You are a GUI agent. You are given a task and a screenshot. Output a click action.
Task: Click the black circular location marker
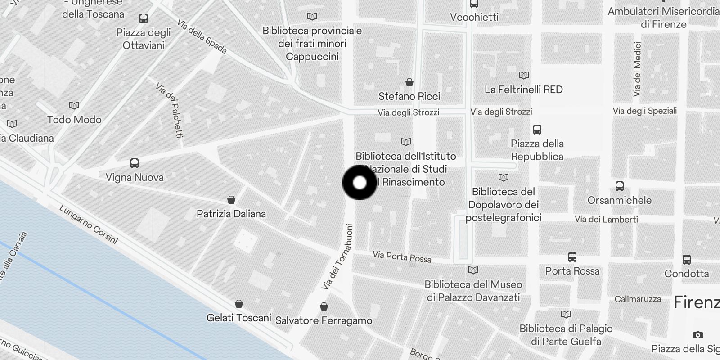click(x=360, y=183)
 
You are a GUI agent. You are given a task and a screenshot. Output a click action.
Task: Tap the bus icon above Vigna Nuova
click(x=134, y=163)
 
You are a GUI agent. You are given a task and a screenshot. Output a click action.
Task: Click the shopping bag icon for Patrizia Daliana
click(x=231, y=199)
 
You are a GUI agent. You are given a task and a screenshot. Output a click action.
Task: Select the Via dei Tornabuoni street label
click(x=337, y=257)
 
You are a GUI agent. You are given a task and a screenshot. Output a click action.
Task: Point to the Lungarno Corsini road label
click(x=88, y=225)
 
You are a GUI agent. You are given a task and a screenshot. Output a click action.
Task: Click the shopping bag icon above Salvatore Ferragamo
click(x=324, y=306)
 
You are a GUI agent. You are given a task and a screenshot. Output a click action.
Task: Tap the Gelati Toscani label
click(x=238, y=318)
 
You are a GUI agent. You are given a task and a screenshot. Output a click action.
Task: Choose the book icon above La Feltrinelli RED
click(x=523, y=75)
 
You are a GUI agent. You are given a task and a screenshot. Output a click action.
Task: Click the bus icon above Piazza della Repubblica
click(x=537, y=130)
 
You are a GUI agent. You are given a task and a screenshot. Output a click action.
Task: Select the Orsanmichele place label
click(x=619, y=200)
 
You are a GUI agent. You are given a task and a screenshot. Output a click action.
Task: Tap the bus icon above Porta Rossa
click(x=572, y=257)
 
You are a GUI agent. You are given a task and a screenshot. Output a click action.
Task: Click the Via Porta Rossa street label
click(x=402, y=256)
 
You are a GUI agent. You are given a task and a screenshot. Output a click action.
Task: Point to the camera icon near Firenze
click(x=697, y=335)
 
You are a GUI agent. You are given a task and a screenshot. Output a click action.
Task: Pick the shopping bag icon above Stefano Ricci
click(x=409, y=82)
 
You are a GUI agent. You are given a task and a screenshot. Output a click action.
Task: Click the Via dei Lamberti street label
click(x=606, y=220)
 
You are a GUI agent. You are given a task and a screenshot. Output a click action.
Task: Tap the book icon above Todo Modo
click(x=74, y=105)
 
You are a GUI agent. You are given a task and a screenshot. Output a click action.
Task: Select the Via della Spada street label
click(x=202, y=36)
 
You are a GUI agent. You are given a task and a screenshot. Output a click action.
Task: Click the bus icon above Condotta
click(x=686, y=259)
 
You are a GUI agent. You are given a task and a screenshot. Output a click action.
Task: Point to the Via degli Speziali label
click(x=644, y=111)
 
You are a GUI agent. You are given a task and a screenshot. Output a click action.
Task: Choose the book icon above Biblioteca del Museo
click(x=473, y=270)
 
